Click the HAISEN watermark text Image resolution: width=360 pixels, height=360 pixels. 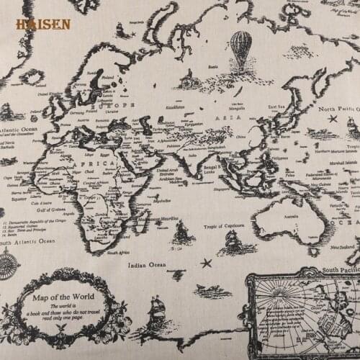coord(43,24)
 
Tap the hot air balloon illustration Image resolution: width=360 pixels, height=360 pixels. coord(241,48)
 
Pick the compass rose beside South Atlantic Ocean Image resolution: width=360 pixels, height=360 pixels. coord(9,267)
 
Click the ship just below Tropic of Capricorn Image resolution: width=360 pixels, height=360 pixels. coord(231,241)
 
